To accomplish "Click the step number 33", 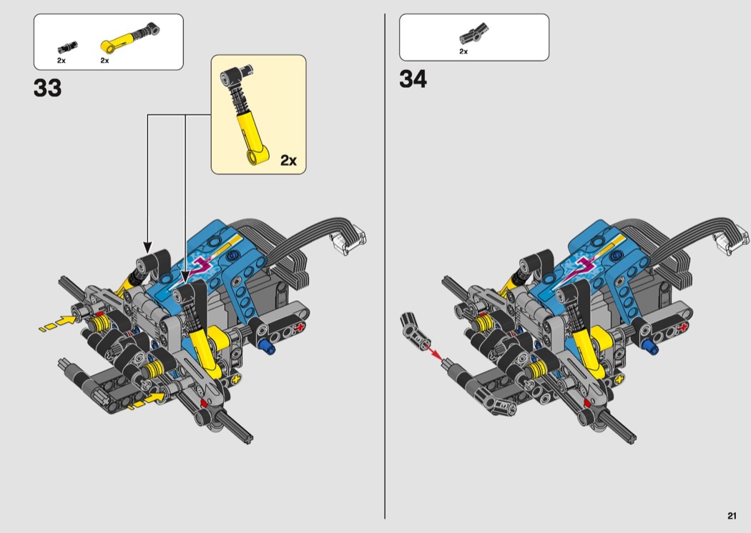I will tap(47, 89).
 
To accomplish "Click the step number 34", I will tap(413, 79).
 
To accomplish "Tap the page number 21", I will tap(732, 516).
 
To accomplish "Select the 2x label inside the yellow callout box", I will tap(288, 160).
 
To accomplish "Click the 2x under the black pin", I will tap(62, 61).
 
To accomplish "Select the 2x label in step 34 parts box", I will tap(463, 51).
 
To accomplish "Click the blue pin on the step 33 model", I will tap(269, 348).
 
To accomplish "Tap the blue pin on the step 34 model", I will tap(651, 347).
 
